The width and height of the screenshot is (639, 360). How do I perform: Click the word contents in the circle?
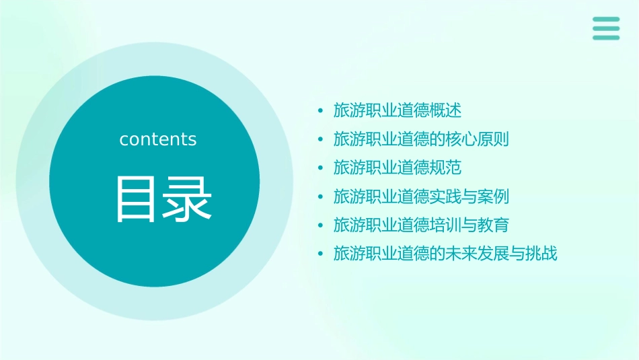[x=158, y=139]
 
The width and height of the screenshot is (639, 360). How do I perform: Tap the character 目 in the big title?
[x=134, y=199]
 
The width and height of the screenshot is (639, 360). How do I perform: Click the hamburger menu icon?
[x=606, y=29]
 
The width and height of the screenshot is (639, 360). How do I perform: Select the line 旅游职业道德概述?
[x=398, y=110]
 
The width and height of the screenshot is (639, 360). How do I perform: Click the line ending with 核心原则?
[x=421, y=139]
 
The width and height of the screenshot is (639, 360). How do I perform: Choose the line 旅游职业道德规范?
[x=398, y=168]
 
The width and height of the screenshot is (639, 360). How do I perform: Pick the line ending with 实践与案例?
[x=421, y=196]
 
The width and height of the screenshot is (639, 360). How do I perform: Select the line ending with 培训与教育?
[x=421, y=225]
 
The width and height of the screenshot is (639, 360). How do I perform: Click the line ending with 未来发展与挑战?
[x=445, y=254]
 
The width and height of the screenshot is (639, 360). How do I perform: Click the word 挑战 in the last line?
[x=541, y=254]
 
